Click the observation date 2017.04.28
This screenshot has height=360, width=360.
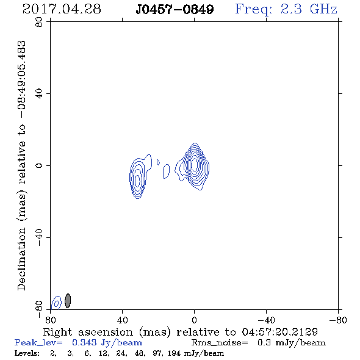(x=62, y=9)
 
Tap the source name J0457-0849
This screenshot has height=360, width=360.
(x=175, y=10)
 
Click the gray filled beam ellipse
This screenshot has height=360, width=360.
(x=68, y=301)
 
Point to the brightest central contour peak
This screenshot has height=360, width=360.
(x=194, y=164)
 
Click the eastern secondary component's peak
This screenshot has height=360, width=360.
(x=137, y=181)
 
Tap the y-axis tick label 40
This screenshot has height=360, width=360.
(x=39, y=94)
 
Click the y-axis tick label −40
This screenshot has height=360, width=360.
(x=39, y=237)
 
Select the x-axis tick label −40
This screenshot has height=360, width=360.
(x=266, y=320)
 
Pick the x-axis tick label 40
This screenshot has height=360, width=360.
(x=122, y=320)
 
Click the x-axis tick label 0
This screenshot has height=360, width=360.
(x=194, y=320)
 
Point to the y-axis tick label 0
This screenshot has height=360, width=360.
(x=39, y=165)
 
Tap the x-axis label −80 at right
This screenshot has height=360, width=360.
(x=338, y=320)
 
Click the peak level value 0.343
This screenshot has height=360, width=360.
(x=84, y=342)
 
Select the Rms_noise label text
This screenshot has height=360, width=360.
(x=220, y=343)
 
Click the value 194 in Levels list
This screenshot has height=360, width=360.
(x=174, y=353)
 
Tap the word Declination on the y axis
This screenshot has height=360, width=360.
(x=21, y=259)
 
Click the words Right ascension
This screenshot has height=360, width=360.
(x=88, y=332)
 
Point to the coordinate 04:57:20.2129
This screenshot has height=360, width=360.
(x=279, y=332)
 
